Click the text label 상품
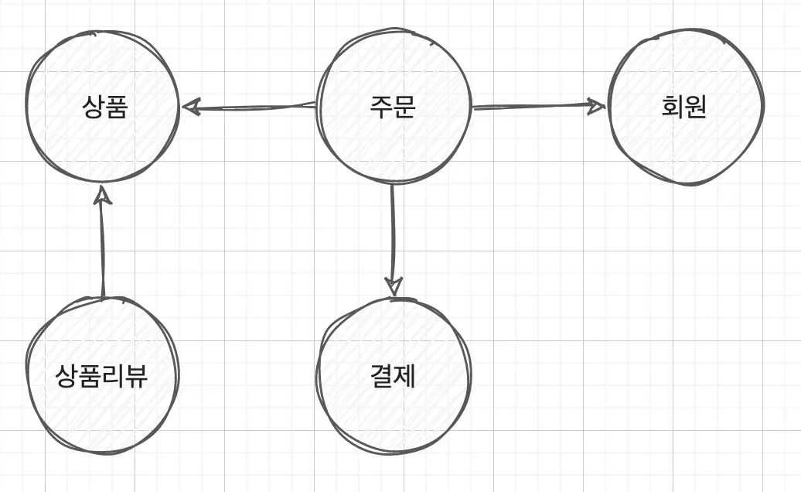point(104,108)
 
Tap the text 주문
point(393,108)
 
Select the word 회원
point(683,108)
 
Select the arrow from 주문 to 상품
point(247,107)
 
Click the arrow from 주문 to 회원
point(537,107)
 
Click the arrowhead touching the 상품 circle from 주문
point(190,107)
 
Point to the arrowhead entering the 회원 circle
point(596,105)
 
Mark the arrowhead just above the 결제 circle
point(394,287)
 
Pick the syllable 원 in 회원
point(695,108)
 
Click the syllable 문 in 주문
point(404,108)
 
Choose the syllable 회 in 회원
point(672,108)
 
